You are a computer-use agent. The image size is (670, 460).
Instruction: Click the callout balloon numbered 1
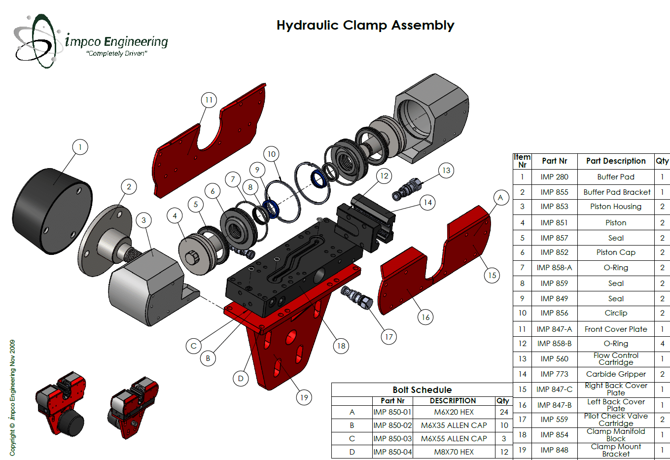click(80, 147)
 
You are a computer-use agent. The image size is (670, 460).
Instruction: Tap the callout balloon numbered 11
click(209, 100)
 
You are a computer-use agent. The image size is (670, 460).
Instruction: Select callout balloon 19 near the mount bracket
click(304, 397)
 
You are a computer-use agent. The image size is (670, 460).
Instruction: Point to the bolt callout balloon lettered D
click(241, 378)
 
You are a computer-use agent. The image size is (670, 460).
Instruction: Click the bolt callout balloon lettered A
click(501, 198)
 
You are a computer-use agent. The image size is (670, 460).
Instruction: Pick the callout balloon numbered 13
click(446, 171)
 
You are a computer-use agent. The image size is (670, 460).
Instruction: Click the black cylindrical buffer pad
click(52, 211)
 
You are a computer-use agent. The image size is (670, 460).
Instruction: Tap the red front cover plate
click(210, 141)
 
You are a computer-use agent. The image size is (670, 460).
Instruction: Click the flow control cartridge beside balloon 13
click(407, 189)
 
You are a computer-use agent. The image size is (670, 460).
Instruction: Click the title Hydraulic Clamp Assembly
click(365, 26)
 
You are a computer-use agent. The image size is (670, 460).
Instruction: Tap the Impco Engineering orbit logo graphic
click(37, 41)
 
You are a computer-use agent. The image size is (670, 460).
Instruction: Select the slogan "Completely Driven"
click(117, 54)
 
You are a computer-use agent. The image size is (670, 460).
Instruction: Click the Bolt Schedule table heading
click(422, 389)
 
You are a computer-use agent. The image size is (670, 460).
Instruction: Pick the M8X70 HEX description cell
click(454, 452)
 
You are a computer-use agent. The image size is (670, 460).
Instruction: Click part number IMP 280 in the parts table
click(554, 177)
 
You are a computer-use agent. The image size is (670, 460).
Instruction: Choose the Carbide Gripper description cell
click(616, 374)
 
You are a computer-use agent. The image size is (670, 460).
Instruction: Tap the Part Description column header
click(616, 161)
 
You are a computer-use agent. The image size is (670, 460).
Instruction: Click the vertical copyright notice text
click(12, 398)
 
